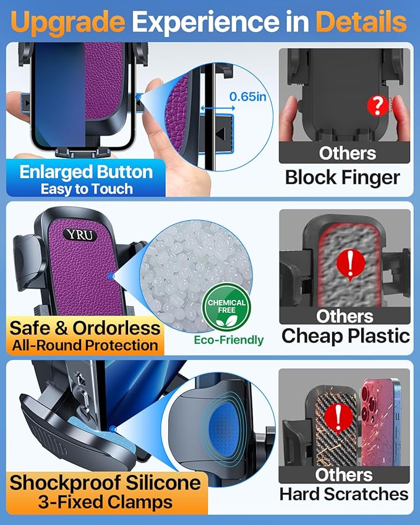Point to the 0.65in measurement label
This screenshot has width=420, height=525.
click(x=246, y=96)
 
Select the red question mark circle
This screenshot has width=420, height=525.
click(x=377, y=106)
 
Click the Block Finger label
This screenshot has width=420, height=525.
click(x=343, y=177)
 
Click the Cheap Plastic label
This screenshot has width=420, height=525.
click(x=345, y=336)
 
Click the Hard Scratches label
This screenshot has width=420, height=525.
click(x=344, y=494)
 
